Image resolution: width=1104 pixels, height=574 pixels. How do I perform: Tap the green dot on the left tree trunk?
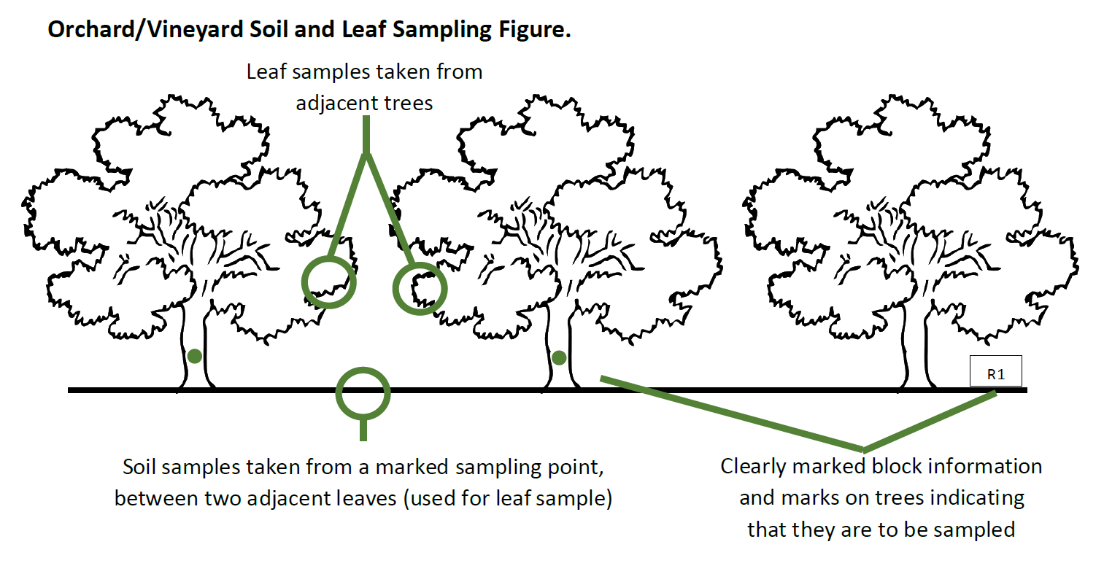click(x=194, y=356)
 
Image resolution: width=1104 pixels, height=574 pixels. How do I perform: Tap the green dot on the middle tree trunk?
click(x=558, y=357)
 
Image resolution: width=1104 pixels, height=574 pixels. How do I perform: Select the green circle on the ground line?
click(x=363, y=393)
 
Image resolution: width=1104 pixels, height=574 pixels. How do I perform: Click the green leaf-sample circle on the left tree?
click(x=329, y=282)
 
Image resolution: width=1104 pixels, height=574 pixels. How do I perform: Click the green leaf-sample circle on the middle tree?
click(x=420, y=289)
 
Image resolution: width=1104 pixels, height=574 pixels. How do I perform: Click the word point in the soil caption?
click(x=575, y=467)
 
